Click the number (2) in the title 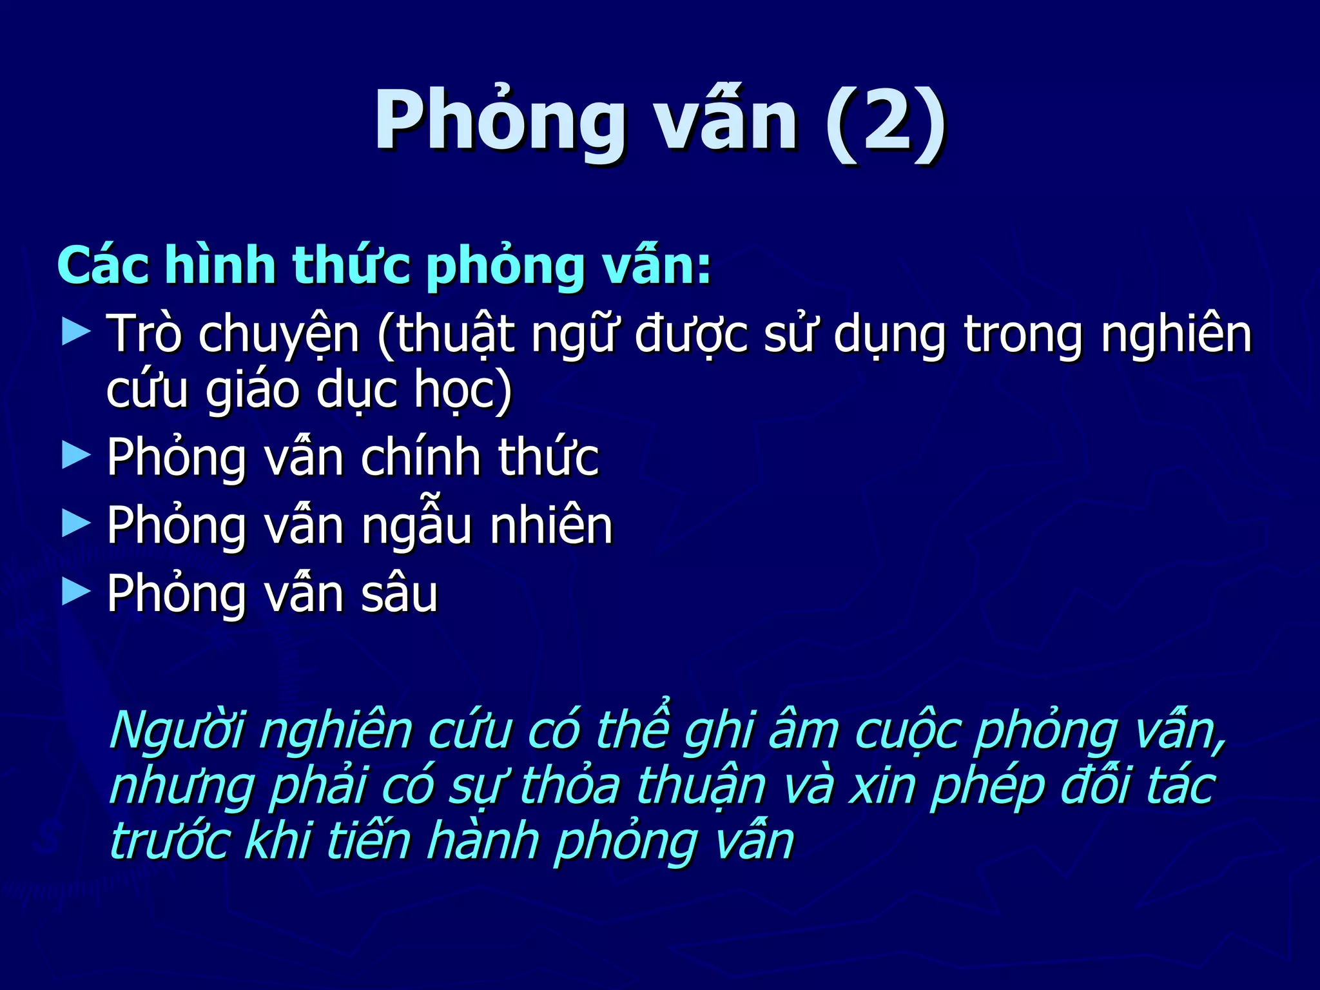click(x=884, y=121)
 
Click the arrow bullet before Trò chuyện click(x=76, y=333)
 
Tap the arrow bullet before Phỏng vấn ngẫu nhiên click(x=76, y=523)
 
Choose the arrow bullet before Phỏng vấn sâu click(x=76, y=592)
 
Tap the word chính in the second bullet click(x=420, y=457)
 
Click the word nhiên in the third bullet click(x=551, y=525)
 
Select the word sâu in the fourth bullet click(x=400, y=594)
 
